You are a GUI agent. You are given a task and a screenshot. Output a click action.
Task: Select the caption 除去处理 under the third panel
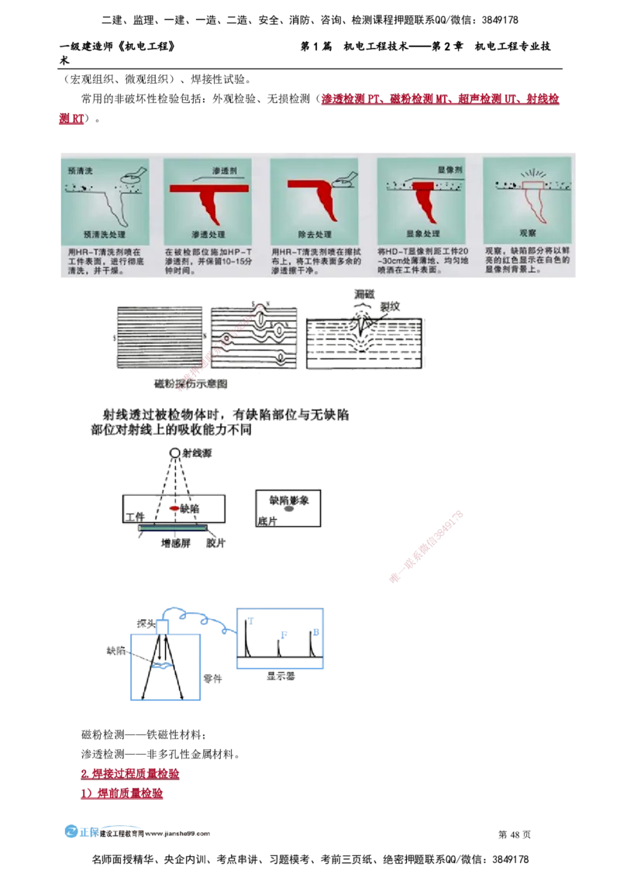tap(314, 233)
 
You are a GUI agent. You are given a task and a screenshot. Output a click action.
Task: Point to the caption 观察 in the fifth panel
tap(527, 232)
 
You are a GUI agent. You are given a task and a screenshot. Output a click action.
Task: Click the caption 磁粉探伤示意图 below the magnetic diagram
tap(189, 384)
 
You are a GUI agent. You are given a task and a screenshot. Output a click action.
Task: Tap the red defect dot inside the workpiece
tap(175, 509)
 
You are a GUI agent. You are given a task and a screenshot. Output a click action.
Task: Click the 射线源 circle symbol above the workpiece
tap(176, 452)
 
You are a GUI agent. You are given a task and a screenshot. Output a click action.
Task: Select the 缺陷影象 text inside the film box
tap(288, 501)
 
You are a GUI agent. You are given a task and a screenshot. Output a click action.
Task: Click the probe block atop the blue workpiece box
tap(163, 624)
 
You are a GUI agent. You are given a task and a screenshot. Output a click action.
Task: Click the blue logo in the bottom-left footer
tap(81, 831)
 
